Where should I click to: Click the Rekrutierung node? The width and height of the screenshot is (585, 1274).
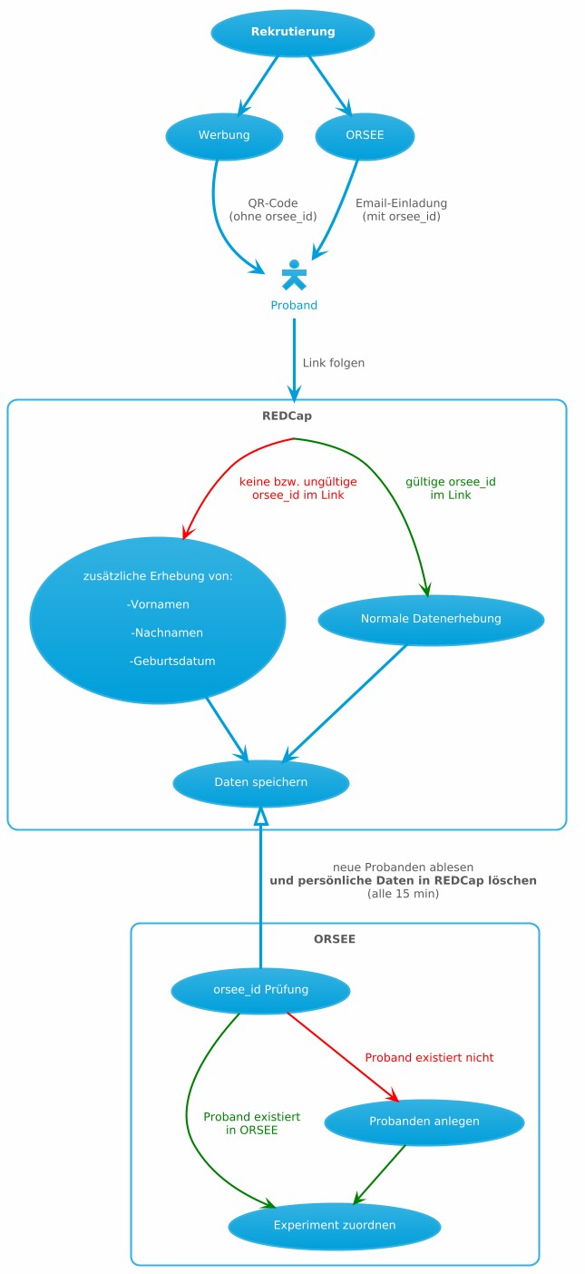point(293,33)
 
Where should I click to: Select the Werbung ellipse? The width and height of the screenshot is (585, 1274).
point(224,136)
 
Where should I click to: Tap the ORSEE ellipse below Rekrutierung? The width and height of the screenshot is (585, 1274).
point(365,136)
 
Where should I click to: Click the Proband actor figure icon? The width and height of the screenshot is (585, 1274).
point(294,274)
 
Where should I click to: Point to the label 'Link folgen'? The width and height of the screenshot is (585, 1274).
point(334,363)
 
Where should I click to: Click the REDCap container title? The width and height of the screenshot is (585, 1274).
point(287,416)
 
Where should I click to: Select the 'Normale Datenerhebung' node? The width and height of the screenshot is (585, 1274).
point(431,620)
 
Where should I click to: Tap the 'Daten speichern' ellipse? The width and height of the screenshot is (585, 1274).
point(260,782)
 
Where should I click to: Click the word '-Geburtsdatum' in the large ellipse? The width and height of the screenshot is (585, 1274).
point(172,661)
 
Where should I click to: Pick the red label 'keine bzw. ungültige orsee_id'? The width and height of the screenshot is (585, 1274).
point(297,488)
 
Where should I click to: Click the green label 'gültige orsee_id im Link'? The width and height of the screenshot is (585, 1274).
point(451,488)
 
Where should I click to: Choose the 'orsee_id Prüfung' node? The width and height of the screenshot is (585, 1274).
point(260,990)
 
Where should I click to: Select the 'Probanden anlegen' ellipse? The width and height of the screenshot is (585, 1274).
point(424,1122)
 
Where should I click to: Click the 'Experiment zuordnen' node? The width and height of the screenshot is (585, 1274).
point(334,1226)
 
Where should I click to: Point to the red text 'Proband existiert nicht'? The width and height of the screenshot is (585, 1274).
point(429,1058)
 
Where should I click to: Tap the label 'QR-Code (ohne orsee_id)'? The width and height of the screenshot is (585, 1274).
point(273,210)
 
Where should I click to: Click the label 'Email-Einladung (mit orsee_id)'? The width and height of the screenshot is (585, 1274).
point(401,210)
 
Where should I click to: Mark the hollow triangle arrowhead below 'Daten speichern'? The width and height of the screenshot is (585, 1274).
point(261,815)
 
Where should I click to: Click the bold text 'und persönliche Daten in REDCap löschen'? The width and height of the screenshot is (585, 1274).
point(403,881)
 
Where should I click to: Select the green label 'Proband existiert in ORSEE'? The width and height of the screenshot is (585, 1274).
point(251,1123)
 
